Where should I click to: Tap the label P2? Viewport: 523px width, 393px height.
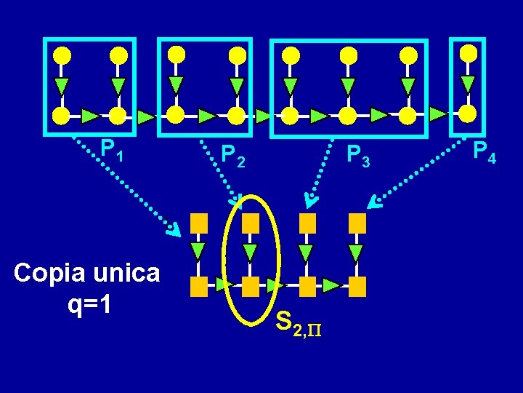coord(233,154)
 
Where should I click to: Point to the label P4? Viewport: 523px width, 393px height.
coord(484,152)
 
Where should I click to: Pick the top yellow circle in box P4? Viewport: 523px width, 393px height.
coord(469,53)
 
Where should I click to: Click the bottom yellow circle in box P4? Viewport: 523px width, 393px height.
coord(469,114)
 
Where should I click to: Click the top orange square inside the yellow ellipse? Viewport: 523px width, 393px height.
coord(251,221)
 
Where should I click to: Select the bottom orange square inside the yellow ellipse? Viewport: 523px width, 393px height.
coord(251,286)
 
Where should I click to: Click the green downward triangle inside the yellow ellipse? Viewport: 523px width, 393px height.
coord(251,253)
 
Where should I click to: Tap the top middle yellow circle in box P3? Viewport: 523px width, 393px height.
coord(349,55)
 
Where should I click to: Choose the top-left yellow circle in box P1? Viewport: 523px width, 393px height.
coord(62,55)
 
